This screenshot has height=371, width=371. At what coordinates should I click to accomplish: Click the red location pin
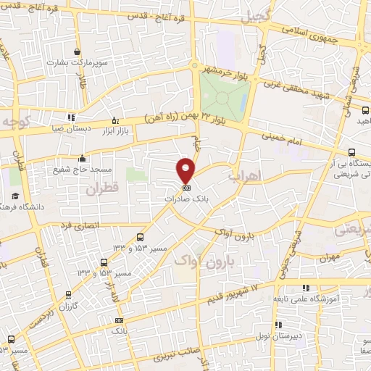185,170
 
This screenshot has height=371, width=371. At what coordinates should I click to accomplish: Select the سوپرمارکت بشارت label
78,62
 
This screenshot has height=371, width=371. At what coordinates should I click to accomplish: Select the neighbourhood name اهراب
243,175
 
